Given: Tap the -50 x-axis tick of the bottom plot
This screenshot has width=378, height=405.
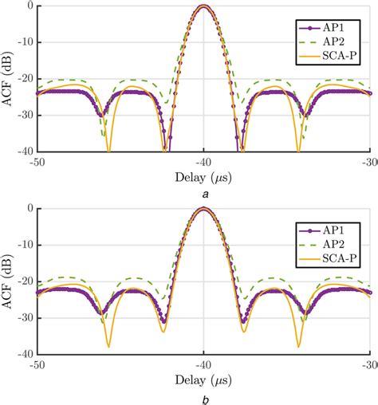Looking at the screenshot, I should (36, 363).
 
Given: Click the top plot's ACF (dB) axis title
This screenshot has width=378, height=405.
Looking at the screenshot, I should (9, 77).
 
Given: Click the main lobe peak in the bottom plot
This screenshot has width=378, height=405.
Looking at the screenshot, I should (204, 209).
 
